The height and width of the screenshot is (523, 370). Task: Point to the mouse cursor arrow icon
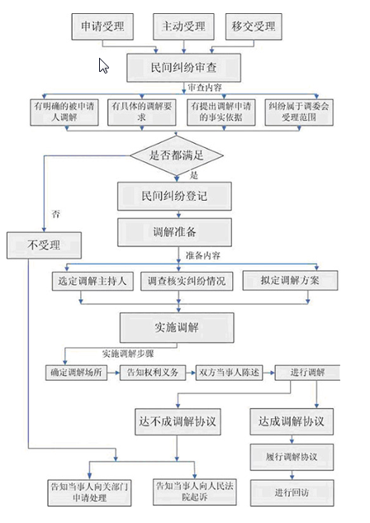point(104,65)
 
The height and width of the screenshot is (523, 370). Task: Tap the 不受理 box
point(45,244)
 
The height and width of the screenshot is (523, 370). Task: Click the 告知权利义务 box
point(152,372)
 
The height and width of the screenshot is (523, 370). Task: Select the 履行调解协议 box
point(291,457)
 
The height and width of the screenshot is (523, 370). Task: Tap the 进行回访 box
point(291,492)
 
